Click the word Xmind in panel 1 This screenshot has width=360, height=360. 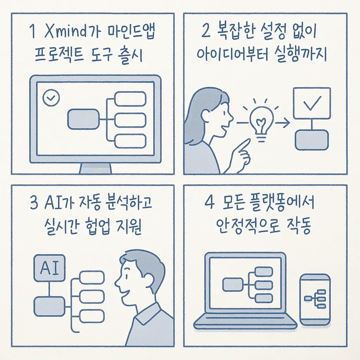coord(65,31)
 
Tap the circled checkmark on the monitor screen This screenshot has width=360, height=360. coord(51,98)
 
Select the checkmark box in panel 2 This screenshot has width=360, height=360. coord(312,103)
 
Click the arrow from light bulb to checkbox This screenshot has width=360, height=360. coord(282,123)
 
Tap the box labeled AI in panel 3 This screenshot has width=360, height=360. coord(49,268)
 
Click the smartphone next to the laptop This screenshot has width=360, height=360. coord(315,300)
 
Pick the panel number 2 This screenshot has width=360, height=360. coord(206,31)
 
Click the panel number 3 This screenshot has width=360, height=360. coord(34,203)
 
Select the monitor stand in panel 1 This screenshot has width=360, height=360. coord(96,168)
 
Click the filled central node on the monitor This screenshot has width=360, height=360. coord(83,119)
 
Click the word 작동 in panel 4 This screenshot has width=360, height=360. coord(299,225)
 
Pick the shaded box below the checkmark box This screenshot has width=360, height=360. coord(312,140)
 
